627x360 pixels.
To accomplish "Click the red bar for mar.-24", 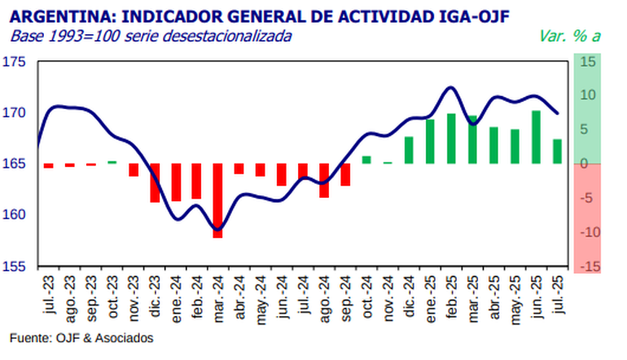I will (x=217, y=200).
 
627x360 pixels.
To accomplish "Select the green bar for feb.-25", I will (x=451, y=138).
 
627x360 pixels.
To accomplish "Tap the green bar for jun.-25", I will (x=536, y=137).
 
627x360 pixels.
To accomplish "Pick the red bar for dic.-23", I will (x=155, y=182).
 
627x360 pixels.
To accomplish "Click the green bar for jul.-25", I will (x=557, y=151).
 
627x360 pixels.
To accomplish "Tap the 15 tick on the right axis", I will (x=588, y=62).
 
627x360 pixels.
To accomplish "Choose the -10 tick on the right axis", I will (x=586, y=232).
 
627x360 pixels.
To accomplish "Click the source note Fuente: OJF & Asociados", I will (x=81, y=337).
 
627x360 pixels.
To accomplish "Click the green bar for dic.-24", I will (x=409, y=150).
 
